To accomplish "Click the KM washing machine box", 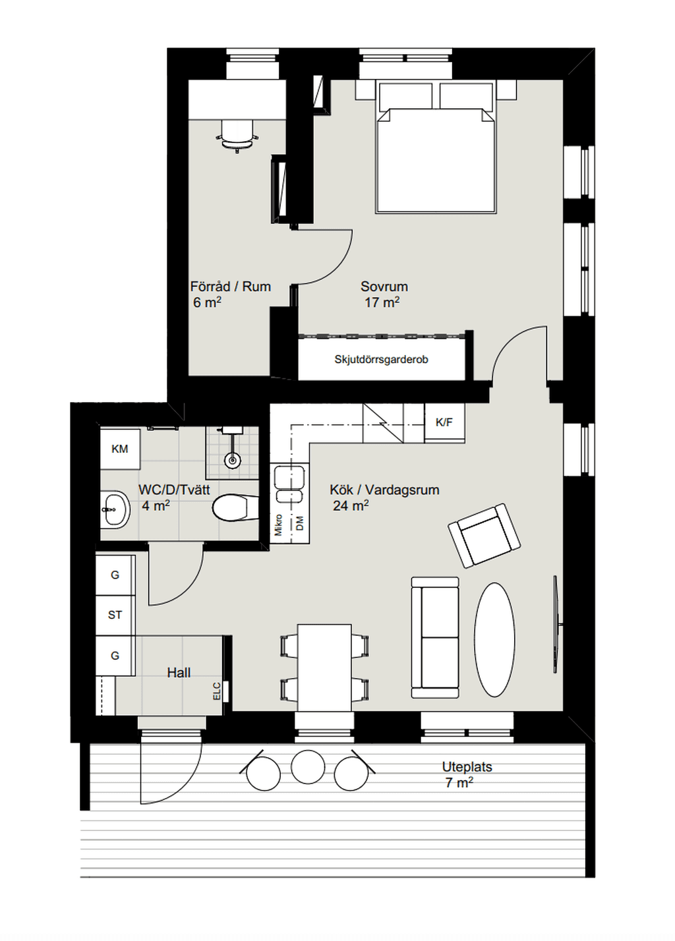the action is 120,449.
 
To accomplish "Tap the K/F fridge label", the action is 444,422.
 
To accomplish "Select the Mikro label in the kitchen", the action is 278,525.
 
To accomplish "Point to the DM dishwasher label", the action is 300,524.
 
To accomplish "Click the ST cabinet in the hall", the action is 115,615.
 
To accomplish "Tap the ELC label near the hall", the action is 217,691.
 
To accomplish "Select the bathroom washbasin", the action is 115,509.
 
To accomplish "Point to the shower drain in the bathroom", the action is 232,461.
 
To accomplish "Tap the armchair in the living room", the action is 484,536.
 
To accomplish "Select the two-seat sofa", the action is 435,637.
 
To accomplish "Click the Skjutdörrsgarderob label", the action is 381,360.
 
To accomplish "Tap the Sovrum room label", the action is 384,287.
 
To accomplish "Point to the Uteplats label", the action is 467,767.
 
